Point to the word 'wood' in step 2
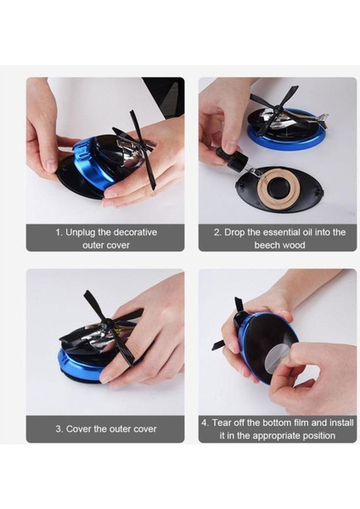click(294, 245)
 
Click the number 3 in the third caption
click(59, 429)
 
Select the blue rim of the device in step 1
click(87, 162)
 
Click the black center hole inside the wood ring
click(277, 187)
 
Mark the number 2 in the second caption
click(217, 232)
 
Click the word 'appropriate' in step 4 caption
click(274, 436)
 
